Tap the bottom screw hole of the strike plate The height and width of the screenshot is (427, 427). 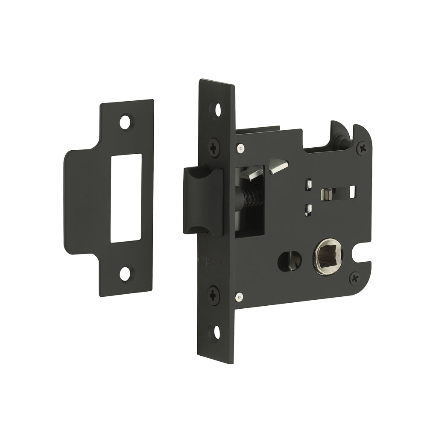pos(125,273)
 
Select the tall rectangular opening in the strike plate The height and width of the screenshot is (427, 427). pos(126,198)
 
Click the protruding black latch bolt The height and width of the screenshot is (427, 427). pos(203,201)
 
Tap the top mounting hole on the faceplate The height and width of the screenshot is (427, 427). pos(217,109)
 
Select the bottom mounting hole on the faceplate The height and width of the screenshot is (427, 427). pos(216,331)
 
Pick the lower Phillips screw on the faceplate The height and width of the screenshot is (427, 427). pos(214,295)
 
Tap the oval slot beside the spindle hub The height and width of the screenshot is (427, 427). pos(290,261)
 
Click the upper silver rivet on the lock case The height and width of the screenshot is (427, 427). pos(242,148)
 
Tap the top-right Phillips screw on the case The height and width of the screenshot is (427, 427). pos(363,148)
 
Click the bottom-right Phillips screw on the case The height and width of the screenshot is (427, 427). pos(354,278)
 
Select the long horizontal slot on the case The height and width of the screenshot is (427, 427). pos(338,192)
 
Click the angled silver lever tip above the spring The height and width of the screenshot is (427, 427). pos(278,166)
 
